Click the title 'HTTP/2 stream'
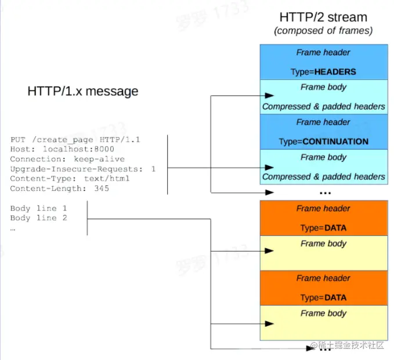323,17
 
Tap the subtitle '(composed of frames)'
323,31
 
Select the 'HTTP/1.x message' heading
83,91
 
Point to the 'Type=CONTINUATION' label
323,141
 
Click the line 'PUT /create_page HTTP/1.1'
75,140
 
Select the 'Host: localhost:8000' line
62,149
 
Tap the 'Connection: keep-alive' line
67,159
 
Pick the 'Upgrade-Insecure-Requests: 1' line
83,169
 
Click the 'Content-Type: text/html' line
70,179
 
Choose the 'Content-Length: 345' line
60,188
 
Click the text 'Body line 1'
38,208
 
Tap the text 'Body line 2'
38,218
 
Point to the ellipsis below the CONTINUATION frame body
324,192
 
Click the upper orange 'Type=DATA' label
323,228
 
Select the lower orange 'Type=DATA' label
323,297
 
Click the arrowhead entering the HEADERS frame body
269,95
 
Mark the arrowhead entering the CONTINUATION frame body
269,169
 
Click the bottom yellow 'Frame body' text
323,313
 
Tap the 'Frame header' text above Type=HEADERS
323,52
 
